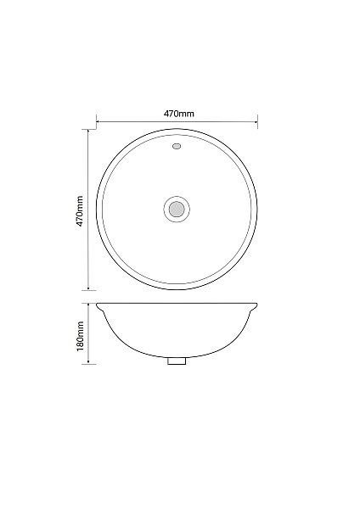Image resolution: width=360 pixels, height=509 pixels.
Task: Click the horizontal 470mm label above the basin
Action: click(178, 114)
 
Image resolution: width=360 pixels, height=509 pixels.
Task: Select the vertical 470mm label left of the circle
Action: click(80, 211)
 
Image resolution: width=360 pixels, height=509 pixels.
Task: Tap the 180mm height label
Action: click(80, 336)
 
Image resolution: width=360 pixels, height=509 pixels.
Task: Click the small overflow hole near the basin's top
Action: click(177, 146)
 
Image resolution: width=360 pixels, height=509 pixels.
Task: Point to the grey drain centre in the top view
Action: click(177, 209)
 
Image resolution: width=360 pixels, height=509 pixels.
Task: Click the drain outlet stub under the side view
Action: click(177, 361)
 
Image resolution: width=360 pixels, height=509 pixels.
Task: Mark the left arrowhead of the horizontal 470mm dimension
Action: click(98, 122)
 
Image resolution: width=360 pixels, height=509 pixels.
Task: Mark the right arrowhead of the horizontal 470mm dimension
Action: click(256, 122)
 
